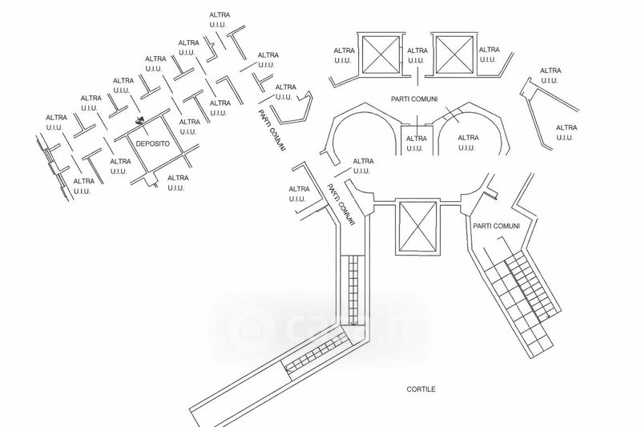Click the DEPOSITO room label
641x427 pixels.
[152, 143]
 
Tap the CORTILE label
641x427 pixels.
[420, 389]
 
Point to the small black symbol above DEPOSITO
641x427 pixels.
[139, 122]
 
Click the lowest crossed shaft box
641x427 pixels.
[417, 227]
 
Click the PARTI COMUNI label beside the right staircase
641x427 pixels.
[497, 227]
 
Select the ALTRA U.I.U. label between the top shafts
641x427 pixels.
[417, 55]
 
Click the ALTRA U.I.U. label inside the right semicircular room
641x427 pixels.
[468, 143]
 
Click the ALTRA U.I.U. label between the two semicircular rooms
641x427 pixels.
[416, 143]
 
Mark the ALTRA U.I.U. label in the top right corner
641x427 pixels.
[550, 75]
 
